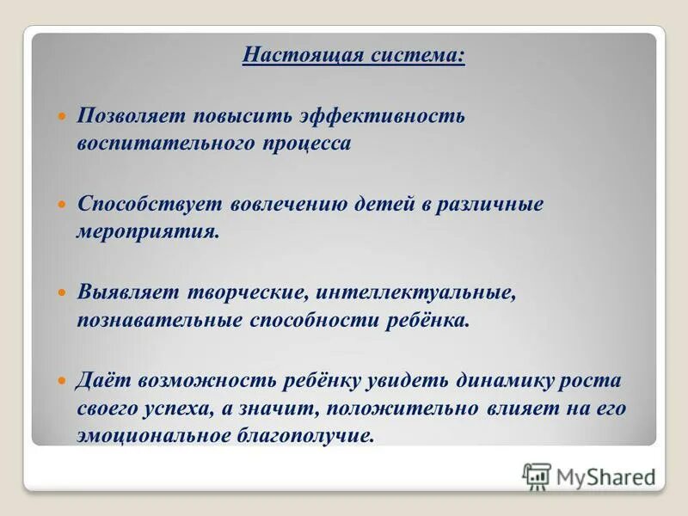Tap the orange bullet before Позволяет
click(x=61, y=115)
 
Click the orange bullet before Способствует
click(x=61, y=206)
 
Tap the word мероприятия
click(x=148, y=232)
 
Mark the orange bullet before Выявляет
click(x=61, y=294)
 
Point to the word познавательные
click(x=160, y=321)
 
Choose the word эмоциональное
click(x=154, y=435)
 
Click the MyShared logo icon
click(x=537, y=476)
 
